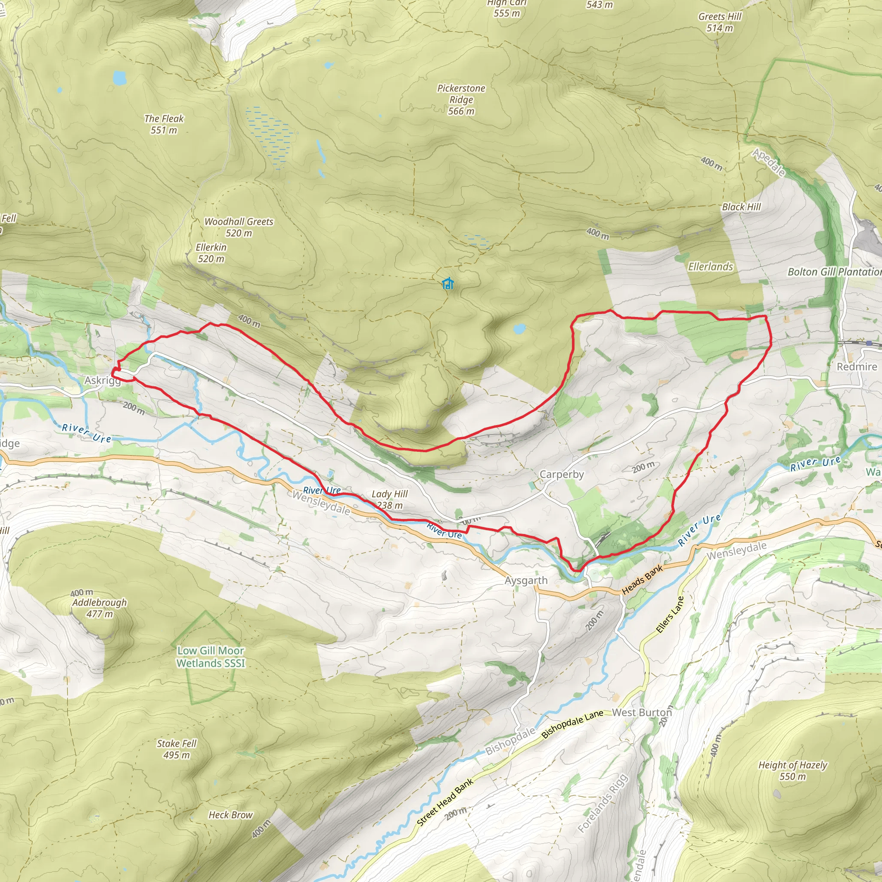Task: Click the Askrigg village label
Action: click(x=102, y=381)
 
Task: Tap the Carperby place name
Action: click(x=562, y=474)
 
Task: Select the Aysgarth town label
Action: click(x=526, y=581)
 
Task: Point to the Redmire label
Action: click(x=857, y=366)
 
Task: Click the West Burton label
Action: click(x=641, y=712)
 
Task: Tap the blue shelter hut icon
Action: click(x=448, y=283)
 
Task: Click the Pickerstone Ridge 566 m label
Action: click(x=461, y=99)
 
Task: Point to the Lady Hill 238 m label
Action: click(x=389, y=500)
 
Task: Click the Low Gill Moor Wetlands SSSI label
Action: click(x=211, y=656)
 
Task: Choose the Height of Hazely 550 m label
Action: click(x=792, y=770)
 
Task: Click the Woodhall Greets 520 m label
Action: click(x=238, y=227)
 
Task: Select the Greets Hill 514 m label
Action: click(x=720, y=22)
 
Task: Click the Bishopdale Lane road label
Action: click(x=572, y=724)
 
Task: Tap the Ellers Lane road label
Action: click(x=670, y=615)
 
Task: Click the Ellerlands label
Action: click(x=710, y=267)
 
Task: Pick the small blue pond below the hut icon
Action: click(x=519, y=328)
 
